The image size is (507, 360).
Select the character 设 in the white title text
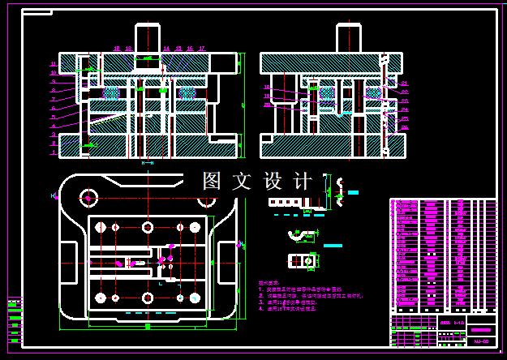(x=272, y=182)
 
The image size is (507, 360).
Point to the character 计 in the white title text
(x=303, y=182)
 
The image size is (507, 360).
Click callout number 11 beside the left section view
(x=53, y=63)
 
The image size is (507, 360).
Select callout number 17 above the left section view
(x=201, y=49)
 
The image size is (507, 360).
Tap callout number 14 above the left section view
(x=165, y=49)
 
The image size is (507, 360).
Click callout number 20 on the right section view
(x=267, y=105)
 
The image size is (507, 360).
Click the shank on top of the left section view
(x=147, y=38)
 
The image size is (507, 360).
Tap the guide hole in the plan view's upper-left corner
(x=88, y=196)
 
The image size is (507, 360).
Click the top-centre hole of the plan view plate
(x=147, y=227)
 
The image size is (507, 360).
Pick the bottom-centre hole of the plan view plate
(x=147, y=298)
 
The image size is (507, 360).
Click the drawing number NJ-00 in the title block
(x=480, y=341)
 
